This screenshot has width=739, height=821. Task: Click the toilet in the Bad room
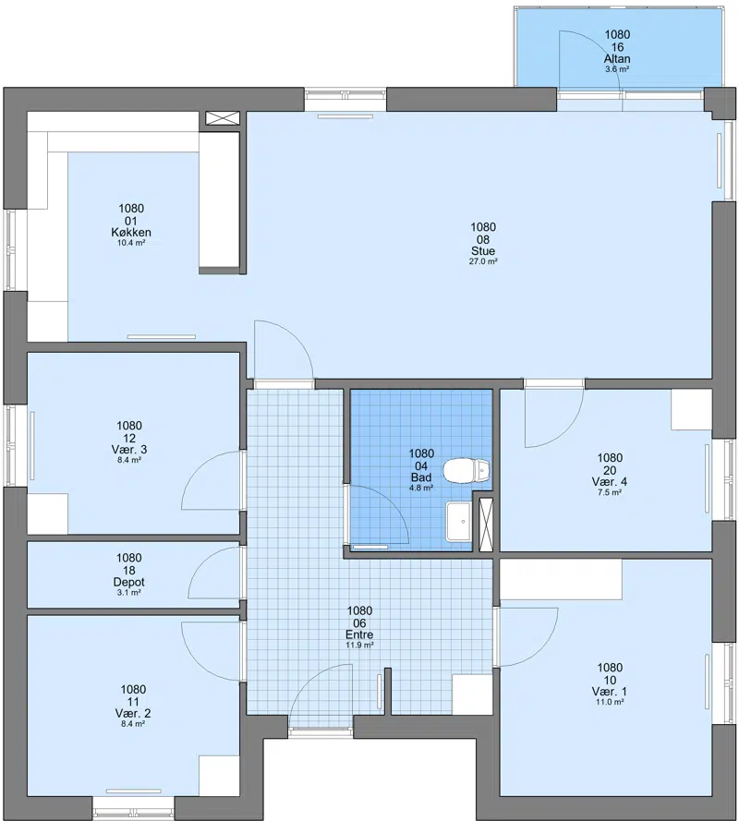(467, 470)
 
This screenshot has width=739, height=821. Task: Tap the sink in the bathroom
(459, 522)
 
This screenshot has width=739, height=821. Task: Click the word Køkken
(131, 233)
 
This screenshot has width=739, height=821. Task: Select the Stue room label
(483, 251)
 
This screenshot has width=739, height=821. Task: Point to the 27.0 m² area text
(483, 261)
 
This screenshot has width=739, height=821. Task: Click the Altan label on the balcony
(617, 59)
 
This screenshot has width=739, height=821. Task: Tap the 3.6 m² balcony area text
(617, 69)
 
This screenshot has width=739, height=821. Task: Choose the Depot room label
(128, 582)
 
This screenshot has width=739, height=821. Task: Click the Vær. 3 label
(129, 449)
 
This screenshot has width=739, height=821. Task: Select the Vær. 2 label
(133, 713)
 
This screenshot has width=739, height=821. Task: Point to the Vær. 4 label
(610, 481)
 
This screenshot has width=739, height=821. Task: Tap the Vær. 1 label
(610, 691)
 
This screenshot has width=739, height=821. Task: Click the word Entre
(359, 634)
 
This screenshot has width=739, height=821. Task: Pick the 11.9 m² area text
(359, 645)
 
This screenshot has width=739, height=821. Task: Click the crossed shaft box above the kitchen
(222, 118)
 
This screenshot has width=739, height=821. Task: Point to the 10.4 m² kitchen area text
(131, 243)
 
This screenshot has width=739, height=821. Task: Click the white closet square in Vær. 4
(691, 409)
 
